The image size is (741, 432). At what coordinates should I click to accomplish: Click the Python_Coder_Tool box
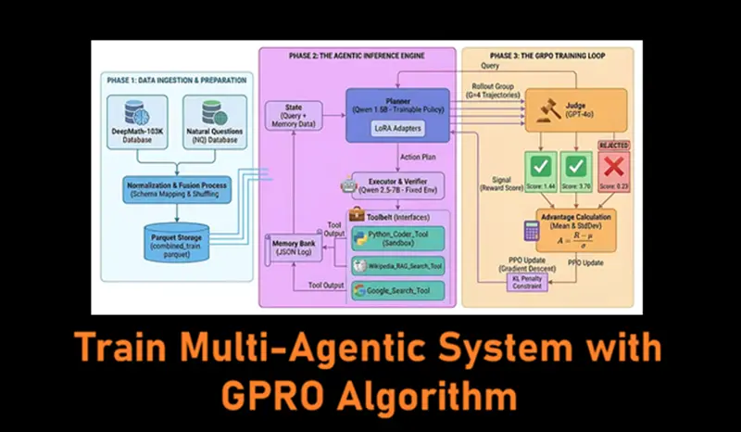click(x=398, y=237)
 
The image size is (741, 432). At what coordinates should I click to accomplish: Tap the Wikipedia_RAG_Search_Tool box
click(x=398, y=266)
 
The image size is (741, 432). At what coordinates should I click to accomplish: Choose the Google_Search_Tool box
click(x=398, y=291)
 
